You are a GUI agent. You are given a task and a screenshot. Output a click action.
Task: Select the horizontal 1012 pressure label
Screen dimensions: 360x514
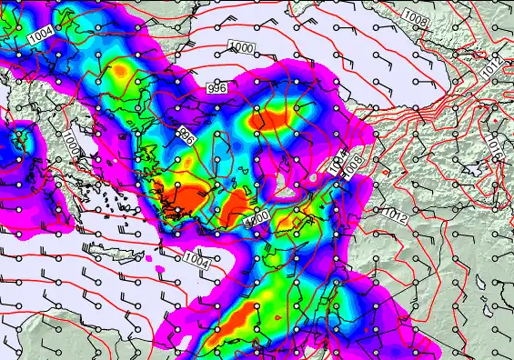[x=396, y=215]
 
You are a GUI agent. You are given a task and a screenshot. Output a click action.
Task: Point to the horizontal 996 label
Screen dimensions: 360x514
[x=217, y=88]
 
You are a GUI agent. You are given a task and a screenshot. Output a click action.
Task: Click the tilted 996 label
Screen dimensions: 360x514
[x=186, y=137]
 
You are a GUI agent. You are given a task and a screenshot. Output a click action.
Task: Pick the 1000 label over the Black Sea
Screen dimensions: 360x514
[x=241, y=47]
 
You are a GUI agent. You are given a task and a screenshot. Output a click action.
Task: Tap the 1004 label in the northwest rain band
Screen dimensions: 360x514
[x=40, y=35]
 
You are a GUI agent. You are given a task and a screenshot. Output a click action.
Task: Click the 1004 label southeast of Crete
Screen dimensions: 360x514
[x=197, y=260]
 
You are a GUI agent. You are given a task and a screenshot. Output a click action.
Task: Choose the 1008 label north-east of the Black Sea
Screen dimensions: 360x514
[x=415, y=18]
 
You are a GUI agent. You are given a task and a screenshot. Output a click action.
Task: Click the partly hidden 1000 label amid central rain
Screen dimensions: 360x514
[x=257, y=220]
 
